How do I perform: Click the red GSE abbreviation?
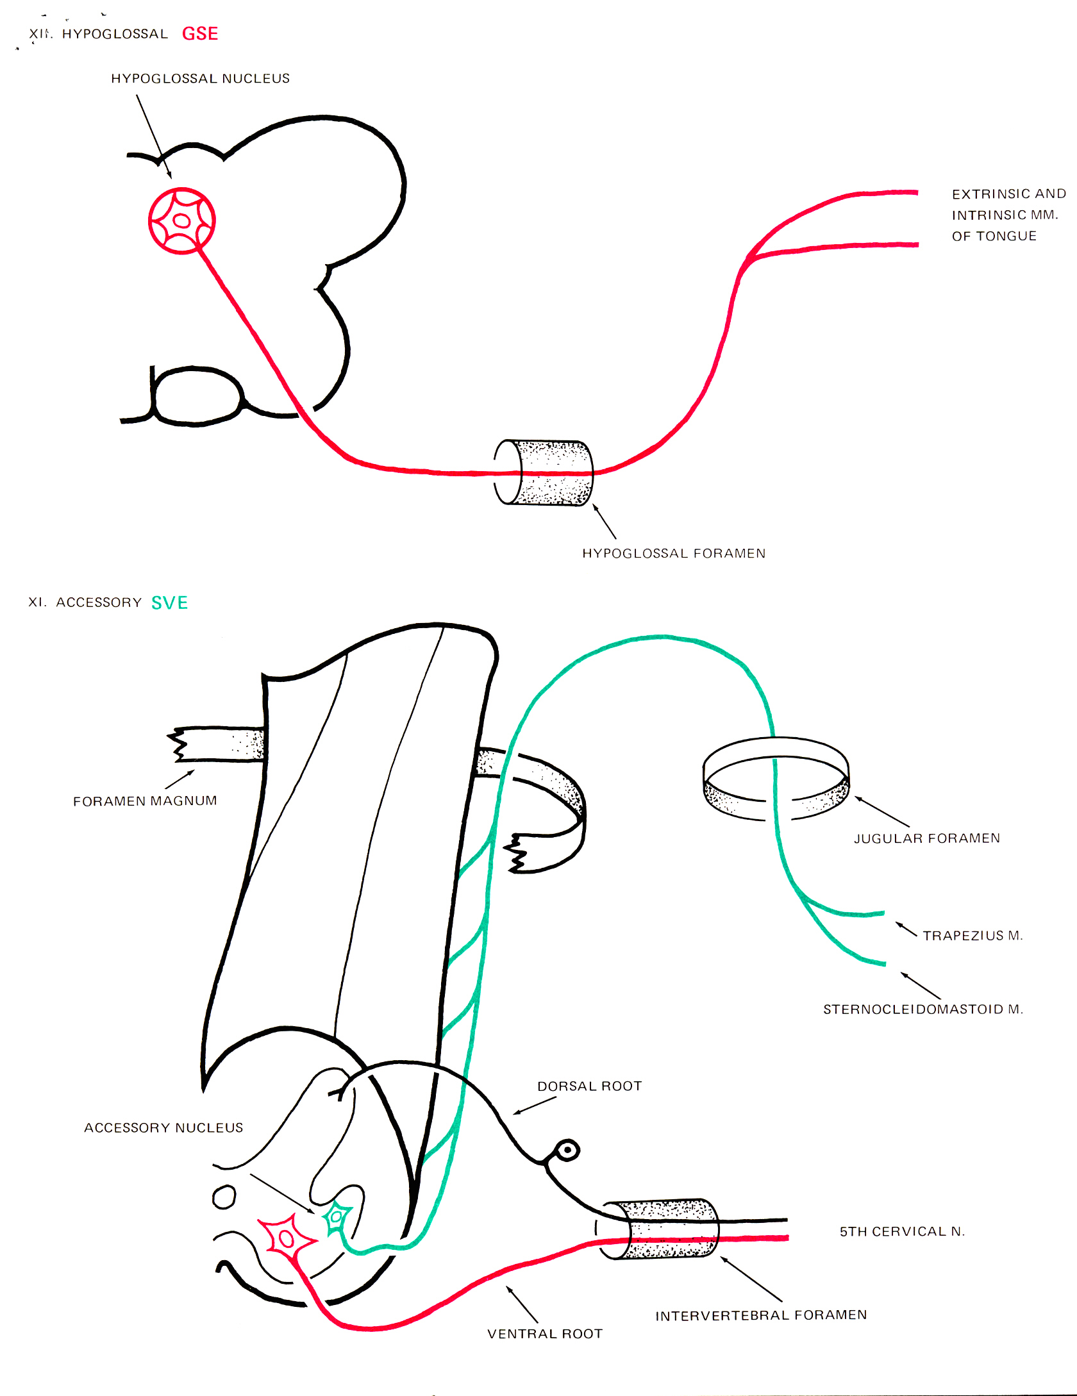pos(200,33)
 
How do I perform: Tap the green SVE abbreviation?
pos(169,602)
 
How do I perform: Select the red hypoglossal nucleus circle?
pos(181,220)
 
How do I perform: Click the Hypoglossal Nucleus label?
pos(200,78)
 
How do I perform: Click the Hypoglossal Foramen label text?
pos(673,553)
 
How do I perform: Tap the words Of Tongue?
pos(994,236)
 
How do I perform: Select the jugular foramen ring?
pos(776,778)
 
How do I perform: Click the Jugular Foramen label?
pos(926,838)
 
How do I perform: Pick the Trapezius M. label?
pos(973,936)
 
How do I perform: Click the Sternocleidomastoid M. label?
pos(923,1010)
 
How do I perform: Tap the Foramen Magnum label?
pos(145,801)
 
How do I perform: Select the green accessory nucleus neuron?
pos(336,1217)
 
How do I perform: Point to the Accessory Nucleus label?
pos(163,1127)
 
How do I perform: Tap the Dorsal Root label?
pos(589,1086)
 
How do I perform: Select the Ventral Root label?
pos(545,1334)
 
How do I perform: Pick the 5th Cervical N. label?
pos(902,1231)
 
